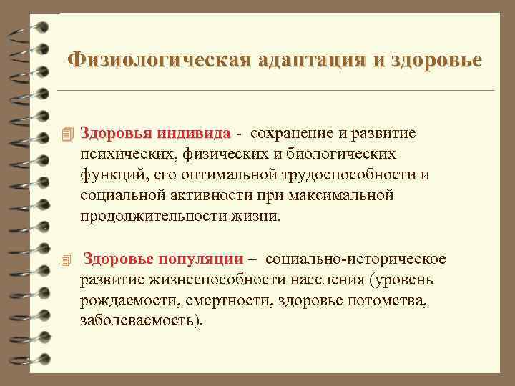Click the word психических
(121, 154)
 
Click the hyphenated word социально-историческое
(351, 259)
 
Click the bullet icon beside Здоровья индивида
(68, 134)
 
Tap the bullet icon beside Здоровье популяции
(68, 259)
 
